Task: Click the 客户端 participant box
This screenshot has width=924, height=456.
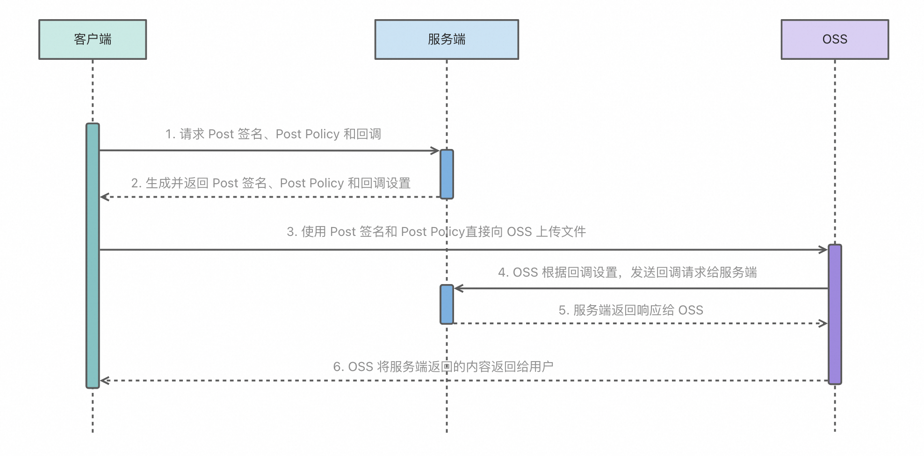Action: [93, 39]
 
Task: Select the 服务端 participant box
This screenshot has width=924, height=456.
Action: [447, 39]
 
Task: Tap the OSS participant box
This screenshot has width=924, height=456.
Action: [835, 39]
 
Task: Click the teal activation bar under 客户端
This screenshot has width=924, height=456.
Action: [93, 256]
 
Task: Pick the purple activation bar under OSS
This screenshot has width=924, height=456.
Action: [835, 314]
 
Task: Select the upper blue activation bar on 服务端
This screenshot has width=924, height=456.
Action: [447, 174]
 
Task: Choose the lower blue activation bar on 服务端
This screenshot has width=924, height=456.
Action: [447, 304]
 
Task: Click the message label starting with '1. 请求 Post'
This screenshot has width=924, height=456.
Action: [273, 134]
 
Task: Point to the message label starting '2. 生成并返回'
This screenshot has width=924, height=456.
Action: [271, 183]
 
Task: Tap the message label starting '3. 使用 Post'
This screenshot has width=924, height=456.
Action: [436, 231]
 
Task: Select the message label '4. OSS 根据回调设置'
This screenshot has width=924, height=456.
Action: [627, 272]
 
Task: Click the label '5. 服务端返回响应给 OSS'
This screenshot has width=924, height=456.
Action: [631, 310]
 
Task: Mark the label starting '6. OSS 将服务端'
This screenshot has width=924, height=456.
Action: [443, 367]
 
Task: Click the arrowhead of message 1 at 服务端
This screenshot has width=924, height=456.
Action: [435, 150]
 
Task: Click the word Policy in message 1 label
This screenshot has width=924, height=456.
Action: [322, 134]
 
